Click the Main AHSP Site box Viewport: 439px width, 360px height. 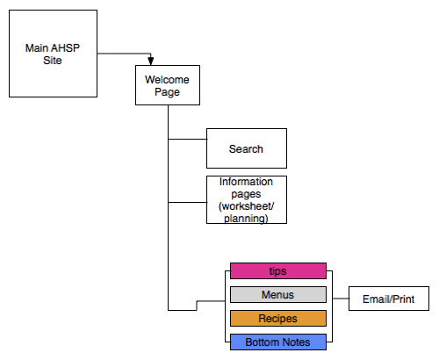tap(53, 54)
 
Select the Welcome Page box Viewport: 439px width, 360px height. tap(168, 85)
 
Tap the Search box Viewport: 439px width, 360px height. tap(247, 148)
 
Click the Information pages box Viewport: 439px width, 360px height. tap(247, 199)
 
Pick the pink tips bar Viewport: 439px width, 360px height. tap(278, 270)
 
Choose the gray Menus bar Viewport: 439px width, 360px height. tap(278, 294)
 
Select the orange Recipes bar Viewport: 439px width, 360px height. tap(278, 318)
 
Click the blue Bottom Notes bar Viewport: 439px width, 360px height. tap(278, 342)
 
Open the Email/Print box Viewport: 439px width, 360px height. tap(389, 299)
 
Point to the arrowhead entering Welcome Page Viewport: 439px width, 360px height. tap(151, 61)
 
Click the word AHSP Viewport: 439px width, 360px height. tap(66, 48)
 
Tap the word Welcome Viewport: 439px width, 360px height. tap(167, 80)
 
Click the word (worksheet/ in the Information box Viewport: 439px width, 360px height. tap(247, 206)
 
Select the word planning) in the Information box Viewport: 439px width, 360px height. tap(246, 219)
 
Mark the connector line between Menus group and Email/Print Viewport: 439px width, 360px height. tap(341, 299)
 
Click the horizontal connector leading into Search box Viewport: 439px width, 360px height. tap(188, 139)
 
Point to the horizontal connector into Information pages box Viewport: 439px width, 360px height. tap(188, 202)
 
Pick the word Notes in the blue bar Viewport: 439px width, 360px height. tap(297, 342)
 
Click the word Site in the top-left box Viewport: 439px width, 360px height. tap(53, 61)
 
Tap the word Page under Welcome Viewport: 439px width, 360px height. tap(167, 92)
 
